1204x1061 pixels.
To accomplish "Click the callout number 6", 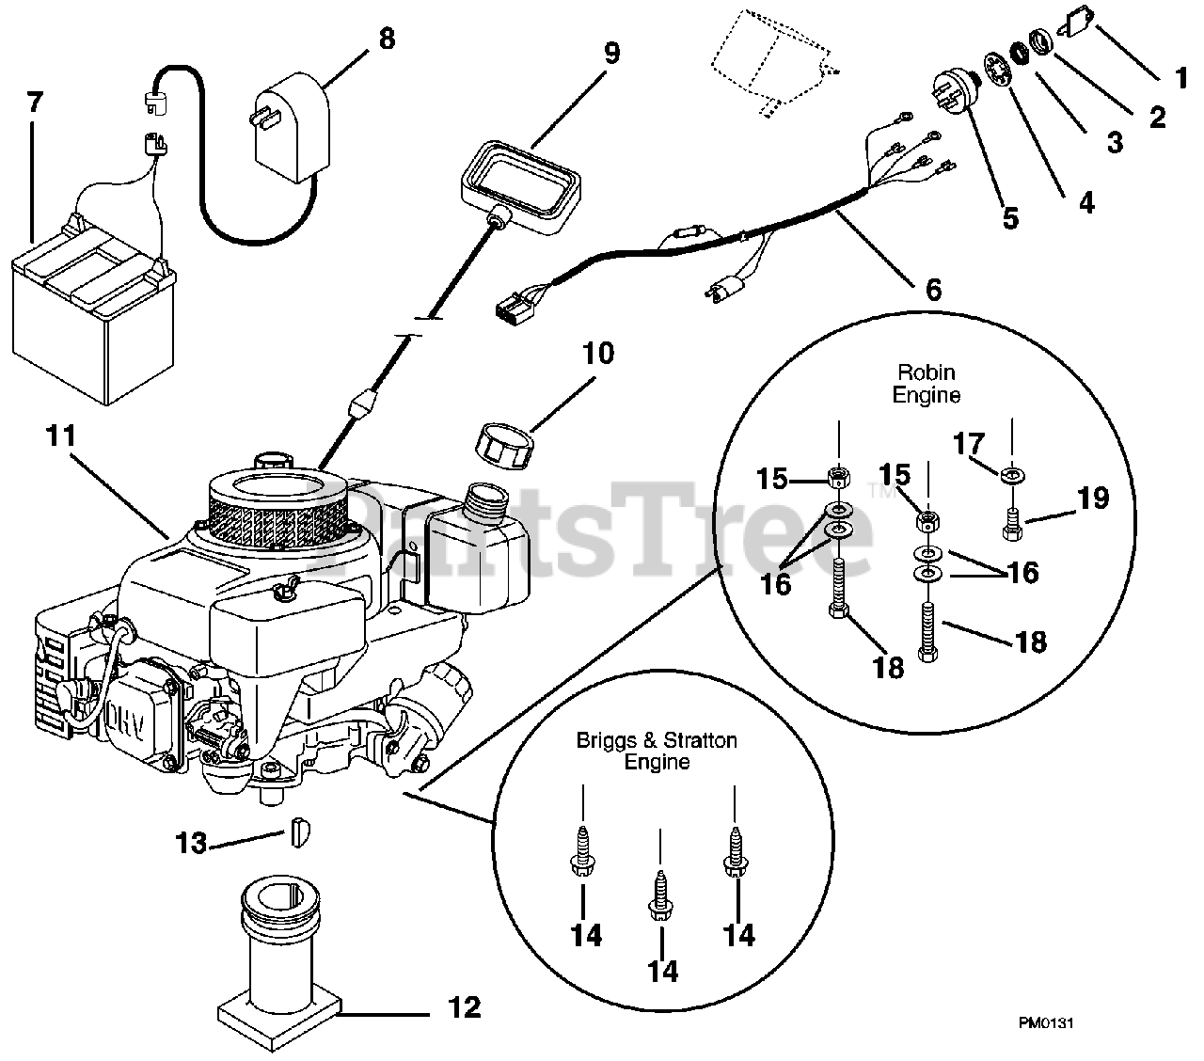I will coord(932,289).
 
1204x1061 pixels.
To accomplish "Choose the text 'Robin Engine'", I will coord(927,384).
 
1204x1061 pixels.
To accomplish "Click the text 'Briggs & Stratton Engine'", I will coord(657,751).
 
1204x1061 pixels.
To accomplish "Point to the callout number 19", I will coord(1093,498).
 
